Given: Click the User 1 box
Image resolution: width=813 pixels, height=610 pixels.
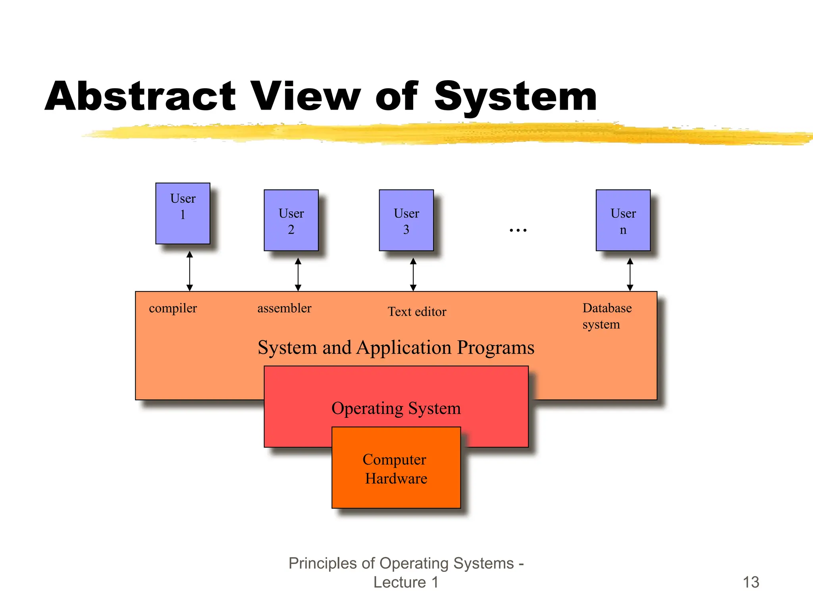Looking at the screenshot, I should pos(183,213).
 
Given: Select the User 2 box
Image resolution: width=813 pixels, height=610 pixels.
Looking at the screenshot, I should pos(291,220).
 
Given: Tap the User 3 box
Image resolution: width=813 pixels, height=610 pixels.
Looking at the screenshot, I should pos(406,220).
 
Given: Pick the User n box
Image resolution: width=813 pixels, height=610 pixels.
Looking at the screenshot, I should pos(623,220).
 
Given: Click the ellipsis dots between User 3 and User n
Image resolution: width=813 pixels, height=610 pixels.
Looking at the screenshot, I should pos(518,230).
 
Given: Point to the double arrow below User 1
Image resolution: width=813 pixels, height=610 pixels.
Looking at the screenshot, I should pos(190,271).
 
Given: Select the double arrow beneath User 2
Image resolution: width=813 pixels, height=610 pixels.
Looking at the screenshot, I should pos(298,274).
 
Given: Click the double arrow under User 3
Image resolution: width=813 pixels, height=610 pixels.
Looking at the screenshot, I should pos(413,274).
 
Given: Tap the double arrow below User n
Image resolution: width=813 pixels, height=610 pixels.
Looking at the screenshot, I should pos(630,274).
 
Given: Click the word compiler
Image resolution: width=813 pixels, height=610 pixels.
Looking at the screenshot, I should pos(173,308).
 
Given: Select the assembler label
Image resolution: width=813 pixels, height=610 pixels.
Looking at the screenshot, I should pos(284,308).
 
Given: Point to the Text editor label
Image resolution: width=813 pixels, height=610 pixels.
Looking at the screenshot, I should pos(417,312).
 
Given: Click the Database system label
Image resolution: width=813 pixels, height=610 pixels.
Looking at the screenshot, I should pos(607,316).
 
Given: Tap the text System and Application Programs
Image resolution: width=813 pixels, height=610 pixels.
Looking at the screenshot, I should pos(396,347).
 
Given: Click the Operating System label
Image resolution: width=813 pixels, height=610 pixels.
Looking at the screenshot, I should pos(396,408).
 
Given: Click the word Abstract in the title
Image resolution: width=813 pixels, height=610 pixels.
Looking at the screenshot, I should pos(141,96).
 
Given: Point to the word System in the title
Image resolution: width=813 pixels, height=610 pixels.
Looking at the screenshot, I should pos(515,96).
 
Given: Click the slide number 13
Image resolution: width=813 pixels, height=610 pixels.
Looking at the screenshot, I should pos(751,582).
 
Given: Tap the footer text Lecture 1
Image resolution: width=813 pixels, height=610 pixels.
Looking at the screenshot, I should pos(406,582).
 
